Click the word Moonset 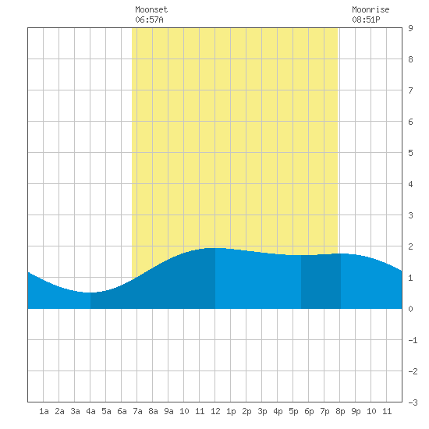pyautogui.click(x=151, y=9)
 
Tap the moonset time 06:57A pyautogui.click(x=149, y=19)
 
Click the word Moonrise pyautogui.click(x=370, y=9)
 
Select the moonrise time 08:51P pyautogui.click(x=366, y=19)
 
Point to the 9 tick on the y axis pyautogui.click(x=410, y=28)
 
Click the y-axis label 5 pyautogui.click(x=410, y=153)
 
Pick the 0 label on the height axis pyautogui.click(x=410, y=309)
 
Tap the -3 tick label pyautogui.click(x=413, y=402)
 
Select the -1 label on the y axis pyautogui.click(x=413, y=340)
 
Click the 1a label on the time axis pyautogui.click(x=44, y=411)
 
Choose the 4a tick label pyautogui.click(x=90, y=411)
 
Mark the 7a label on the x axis pyautogui.click(x=137, y=411)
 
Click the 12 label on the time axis pyautogui.click(x=215, y=411)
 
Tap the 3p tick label pyautogui.click(x=262, y=411)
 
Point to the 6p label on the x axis pyautogui.click(x=309, y=411)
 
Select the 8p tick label pyautogui.click(x=340, y=411)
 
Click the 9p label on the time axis pyautogui.click(x=356, y=411)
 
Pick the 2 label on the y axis pyautogui.click(x=410, y=246)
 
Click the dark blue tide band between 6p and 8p pyautogui.click(x=321, y=282)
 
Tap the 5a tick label pyautogui.click(x=106, y=411)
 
